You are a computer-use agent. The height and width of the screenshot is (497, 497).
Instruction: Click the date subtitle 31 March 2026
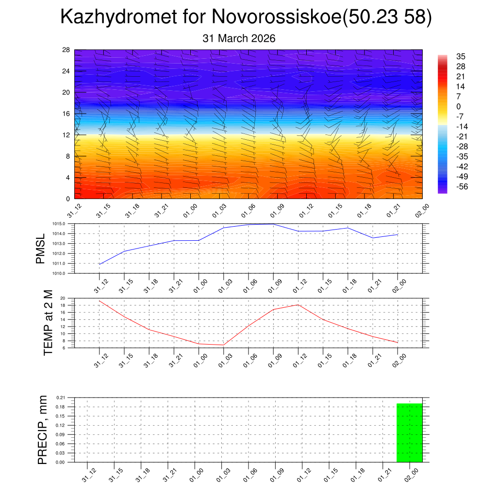tap(239, 38)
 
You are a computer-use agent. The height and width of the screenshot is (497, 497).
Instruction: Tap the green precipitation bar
tap(409, 432)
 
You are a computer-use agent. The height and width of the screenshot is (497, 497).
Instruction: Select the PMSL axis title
tap(40, 248)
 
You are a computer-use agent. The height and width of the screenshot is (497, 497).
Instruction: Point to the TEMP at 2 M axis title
tap(48, 323)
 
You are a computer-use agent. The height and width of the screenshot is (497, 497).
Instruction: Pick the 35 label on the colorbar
tap(461, 57)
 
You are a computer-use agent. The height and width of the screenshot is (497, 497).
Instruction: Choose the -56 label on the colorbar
tap(462, 186)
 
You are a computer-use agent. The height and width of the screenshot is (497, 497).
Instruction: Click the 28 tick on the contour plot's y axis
tap(66, 50)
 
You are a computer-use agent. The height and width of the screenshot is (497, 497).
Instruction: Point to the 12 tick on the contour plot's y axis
tap(66, 135)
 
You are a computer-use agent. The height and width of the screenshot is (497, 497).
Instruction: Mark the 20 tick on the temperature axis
tap(63, 298)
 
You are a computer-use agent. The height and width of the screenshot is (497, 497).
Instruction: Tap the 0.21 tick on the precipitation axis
tap(60, 398)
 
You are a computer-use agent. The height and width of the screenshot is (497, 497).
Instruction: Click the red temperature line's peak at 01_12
tap(298, 305)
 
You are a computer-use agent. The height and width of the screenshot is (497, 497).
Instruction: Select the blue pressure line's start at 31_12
tap(99, 264)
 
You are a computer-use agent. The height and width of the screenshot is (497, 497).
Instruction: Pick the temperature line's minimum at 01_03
tap(223, 345)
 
